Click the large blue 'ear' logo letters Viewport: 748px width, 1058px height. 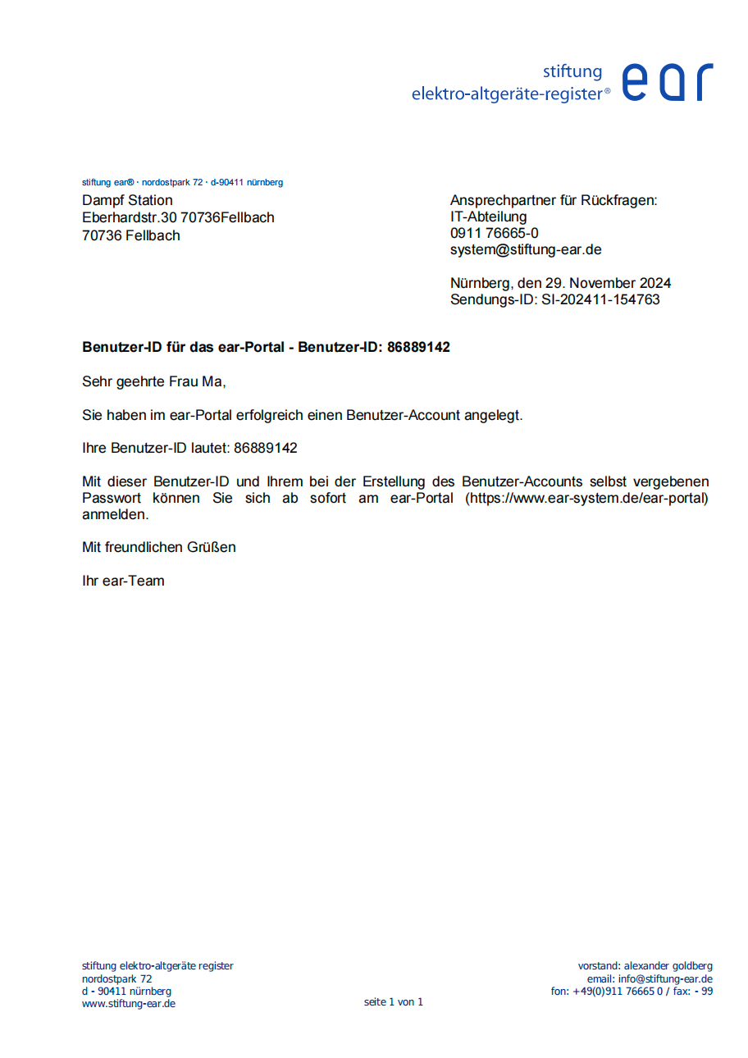click(668, 81)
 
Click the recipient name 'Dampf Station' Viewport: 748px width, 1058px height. click(127, 200)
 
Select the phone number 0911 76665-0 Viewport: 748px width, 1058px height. click(495, 233)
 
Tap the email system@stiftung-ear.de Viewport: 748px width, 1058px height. click(526, 250)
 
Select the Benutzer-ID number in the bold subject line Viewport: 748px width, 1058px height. click(418, 347)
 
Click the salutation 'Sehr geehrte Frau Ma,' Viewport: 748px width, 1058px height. click(153, 381)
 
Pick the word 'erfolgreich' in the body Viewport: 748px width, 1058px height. click(270, 415)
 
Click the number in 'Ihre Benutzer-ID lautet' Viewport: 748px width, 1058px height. click(265, 449)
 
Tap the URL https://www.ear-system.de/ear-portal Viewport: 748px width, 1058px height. click(587, 499)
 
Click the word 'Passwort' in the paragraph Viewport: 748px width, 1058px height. click(112, 499)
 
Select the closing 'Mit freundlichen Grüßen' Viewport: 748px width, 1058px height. click(159, 547)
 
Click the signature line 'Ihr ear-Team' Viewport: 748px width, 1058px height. click(123, 581)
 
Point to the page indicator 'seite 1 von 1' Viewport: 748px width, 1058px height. click(394, 1001)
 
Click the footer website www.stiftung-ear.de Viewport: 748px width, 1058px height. click(129, 1003)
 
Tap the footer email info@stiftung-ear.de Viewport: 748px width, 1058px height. click(665, 978)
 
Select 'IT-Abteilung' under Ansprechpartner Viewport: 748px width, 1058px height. click(489, 217)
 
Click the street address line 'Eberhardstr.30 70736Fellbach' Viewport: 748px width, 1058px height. click(178, 217)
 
